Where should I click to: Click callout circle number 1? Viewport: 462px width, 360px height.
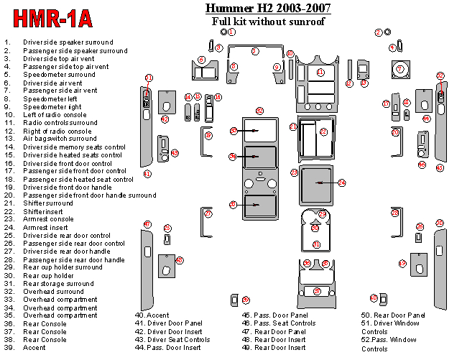tap(232, 32)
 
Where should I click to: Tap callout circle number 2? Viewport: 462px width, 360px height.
tap(379, 32)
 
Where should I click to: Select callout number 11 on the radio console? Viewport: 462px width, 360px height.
tap(320, 73)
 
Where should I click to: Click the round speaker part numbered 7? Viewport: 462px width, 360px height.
tap(400, 70)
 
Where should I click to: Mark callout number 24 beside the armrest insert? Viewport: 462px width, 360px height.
tap(342, 183)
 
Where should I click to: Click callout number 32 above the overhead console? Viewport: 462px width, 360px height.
tap(259, 111)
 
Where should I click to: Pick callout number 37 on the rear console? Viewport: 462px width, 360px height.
tap(317, 291)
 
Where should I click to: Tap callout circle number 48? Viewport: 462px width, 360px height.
tap(179, 260)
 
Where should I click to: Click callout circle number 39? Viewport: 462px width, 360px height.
tap(246, 300)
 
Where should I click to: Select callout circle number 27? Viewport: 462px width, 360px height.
tap(208, 213)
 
